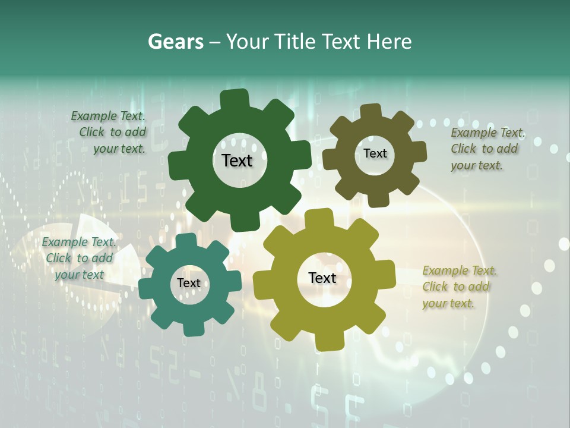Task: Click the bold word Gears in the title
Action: tap(175, 42)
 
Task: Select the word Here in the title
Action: tap(389, 42)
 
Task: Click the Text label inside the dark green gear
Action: tap(237, 160)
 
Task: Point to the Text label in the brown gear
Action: tap(375, 153)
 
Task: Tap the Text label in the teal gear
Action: tap(189, 283)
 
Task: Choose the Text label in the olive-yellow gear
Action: tap(322, 278)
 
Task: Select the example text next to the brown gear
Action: tap(487, 149)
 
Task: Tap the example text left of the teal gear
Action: tap(79, 258)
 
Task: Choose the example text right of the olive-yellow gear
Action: tap(459, 287)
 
